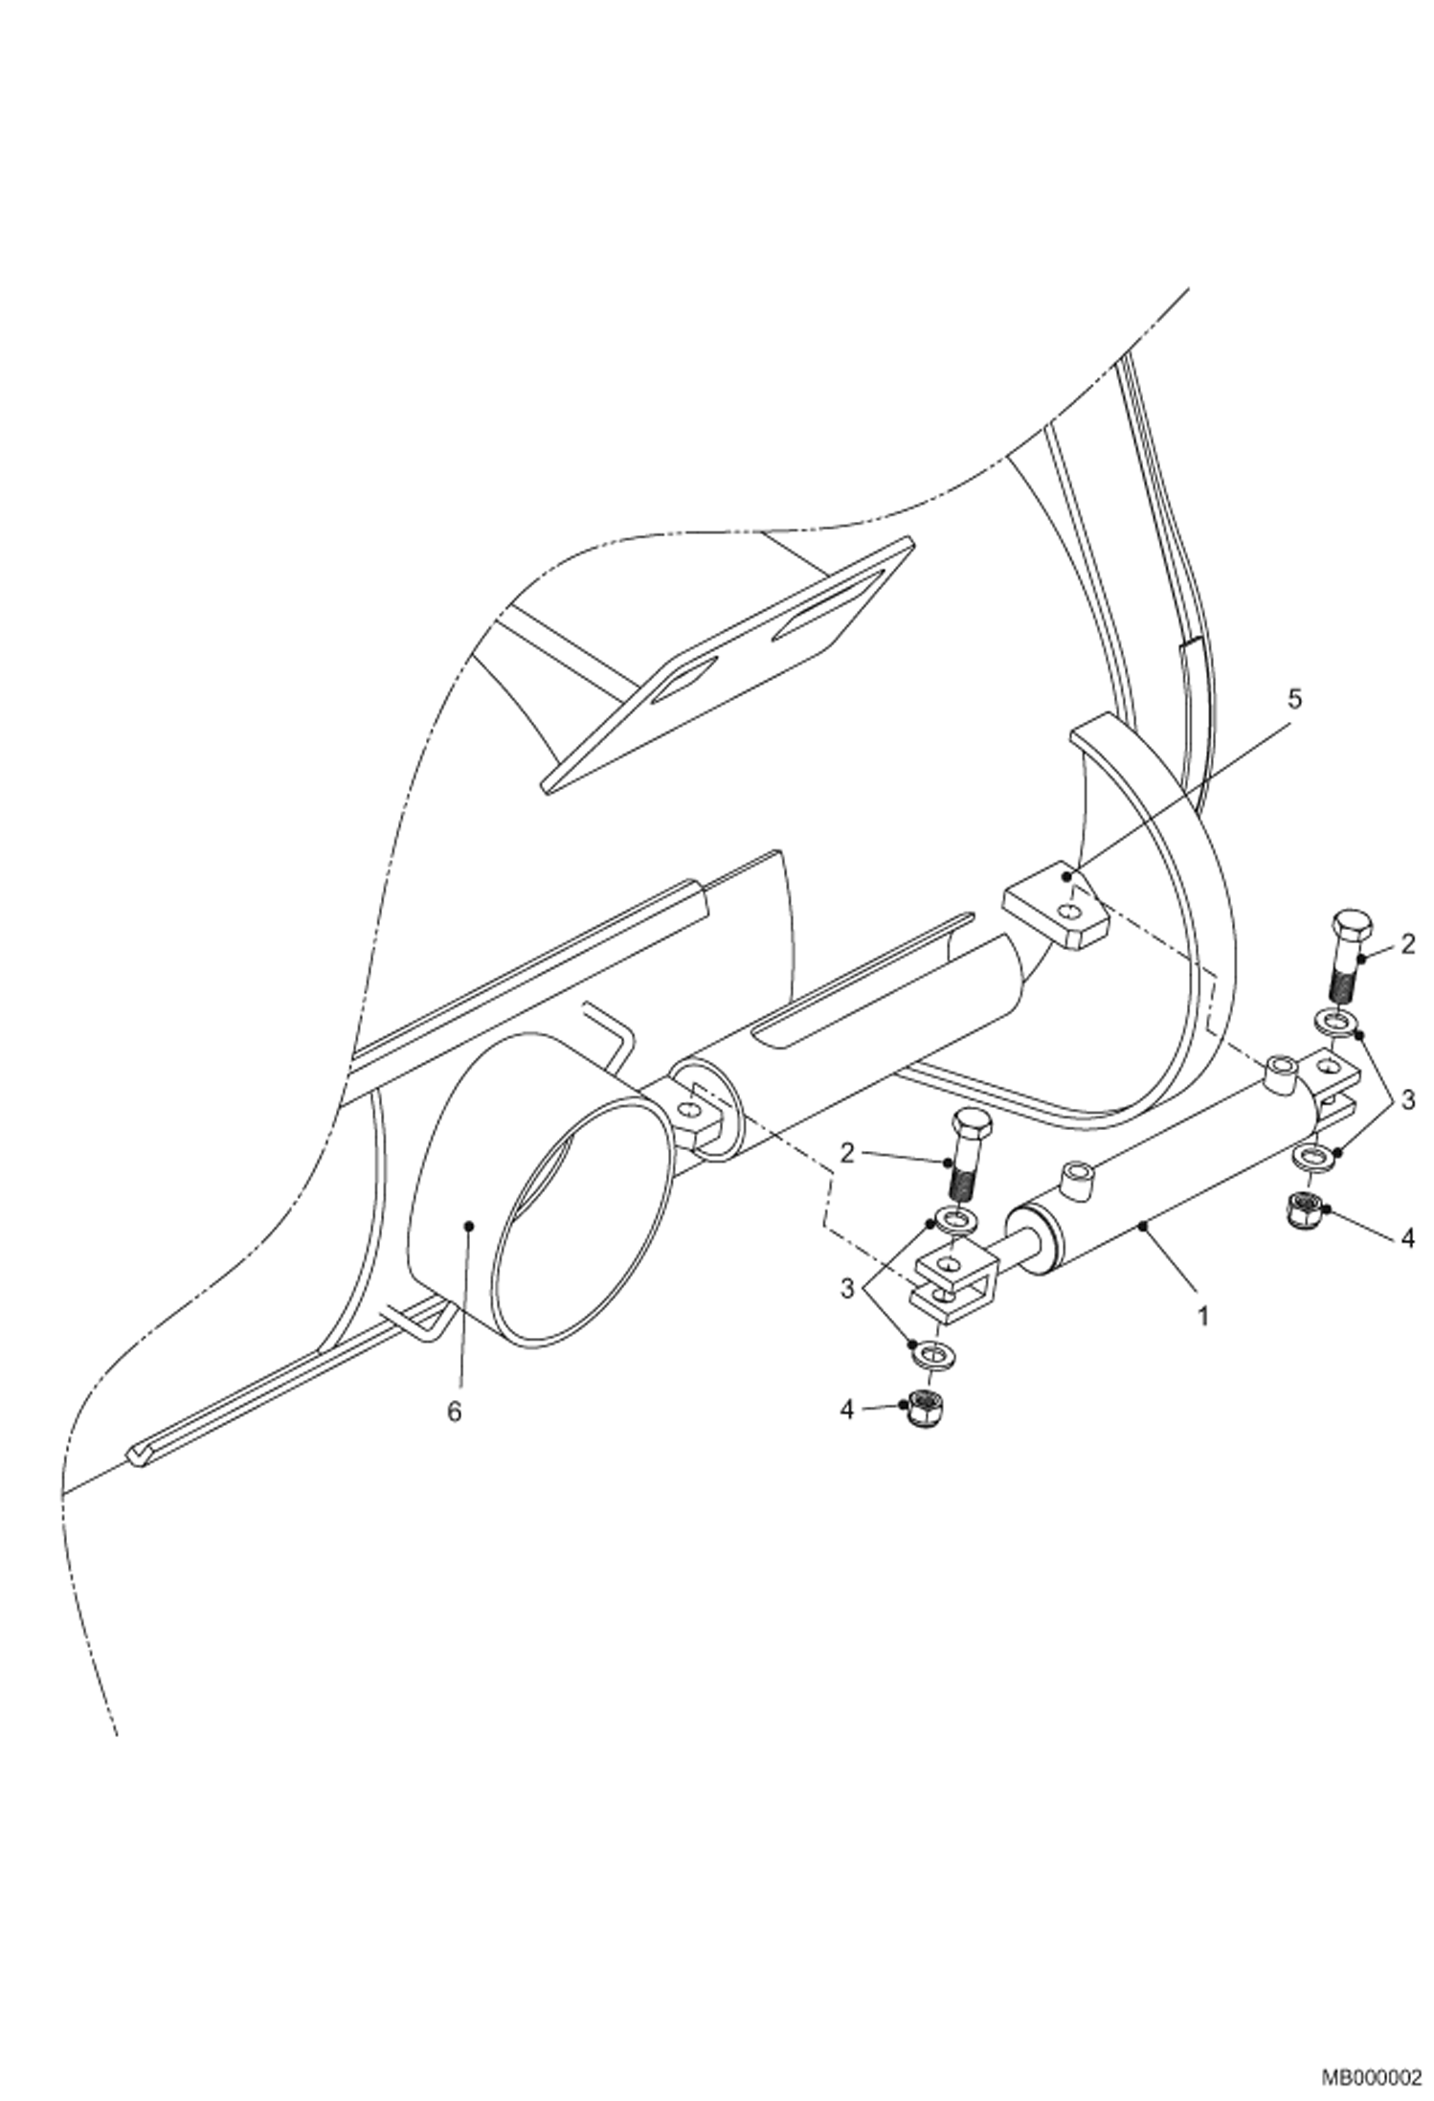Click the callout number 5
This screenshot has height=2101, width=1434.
point(1294,700)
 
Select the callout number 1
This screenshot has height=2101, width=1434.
point(1203,1316)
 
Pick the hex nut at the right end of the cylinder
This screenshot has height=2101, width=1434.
point(1303,1210)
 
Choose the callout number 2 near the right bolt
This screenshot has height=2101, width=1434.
point(1406,945)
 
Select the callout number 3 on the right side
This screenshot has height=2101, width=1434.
point(1406,1100)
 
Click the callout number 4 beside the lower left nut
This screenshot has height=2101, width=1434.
point(847,1410)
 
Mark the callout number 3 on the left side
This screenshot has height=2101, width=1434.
point(847,1289)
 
